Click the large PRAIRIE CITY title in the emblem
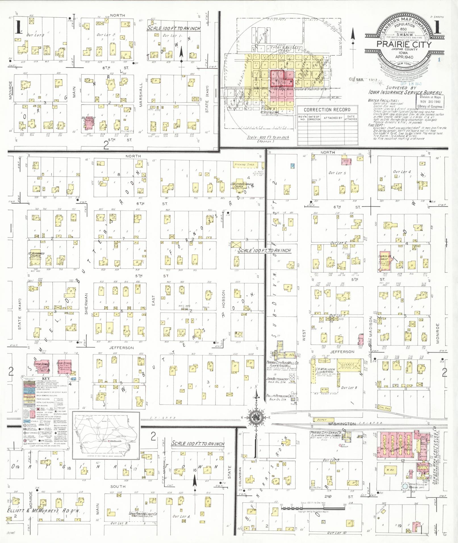coord(404,44)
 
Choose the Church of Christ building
coord(385,261)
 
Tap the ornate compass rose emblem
coord(256,417)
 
